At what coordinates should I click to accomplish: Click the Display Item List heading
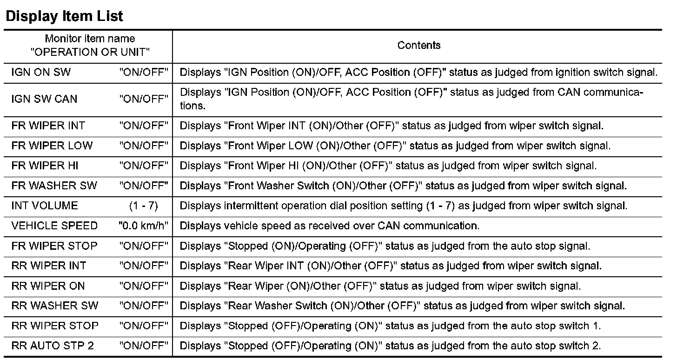(64, 16)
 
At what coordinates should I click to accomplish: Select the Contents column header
(418, 45)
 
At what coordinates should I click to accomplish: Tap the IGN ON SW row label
(41, 73)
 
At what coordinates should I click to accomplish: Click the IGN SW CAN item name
(44, 99)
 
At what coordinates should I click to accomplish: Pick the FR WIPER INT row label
(48, 126)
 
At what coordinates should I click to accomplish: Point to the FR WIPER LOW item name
(52, 146)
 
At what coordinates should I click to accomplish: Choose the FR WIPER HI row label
(45, 166)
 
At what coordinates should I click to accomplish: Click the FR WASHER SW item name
(54, 186)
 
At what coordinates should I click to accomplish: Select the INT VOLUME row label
(45, 206)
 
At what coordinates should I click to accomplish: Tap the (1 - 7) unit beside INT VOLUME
(143, 206)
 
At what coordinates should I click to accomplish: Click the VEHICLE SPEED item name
(54, 226)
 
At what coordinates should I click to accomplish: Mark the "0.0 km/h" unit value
(143, 226)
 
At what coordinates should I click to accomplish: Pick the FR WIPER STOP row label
(54, 246)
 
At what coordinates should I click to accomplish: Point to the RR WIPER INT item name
(49, 266)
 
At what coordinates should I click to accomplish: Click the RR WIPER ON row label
(48, 286)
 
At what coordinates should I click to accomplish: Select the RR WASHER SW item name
(55, 306)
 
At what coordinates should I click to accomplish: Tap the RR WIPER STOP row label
(55, 326)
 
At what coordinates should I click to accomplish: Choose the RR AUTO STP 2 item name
(53, 346)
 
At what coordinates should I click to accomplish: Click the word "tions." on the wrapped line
(192, 106)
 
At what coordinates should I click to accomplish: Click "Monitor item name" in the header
(90, 39)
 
